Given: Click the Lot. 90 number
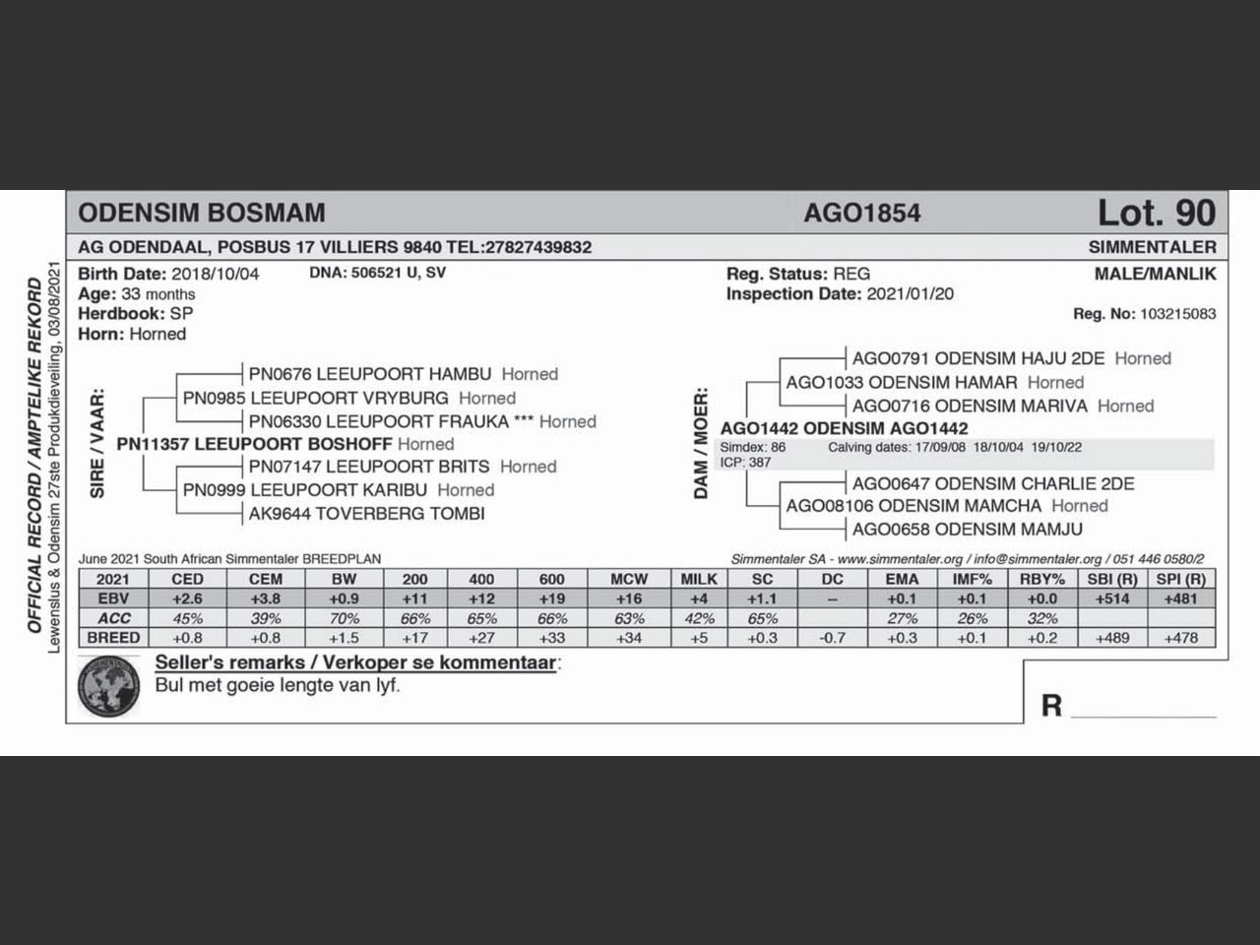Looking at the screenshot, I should (x=1156, y=213).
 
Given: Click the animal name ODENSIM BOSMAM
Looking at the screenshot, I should (x=201, y=213).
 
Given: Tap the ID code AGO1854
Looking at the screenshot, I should (x=861, y=213).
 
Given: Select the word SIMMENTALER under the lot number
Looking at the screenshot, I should (x=1152, y=247).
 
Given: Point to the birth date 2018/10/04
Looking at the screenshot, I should (x=215, y=274).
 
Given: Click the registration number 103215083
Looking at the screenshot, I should (x=1177, y=314).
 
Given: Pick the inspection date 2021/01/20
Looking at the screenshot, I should (x=910, y=293).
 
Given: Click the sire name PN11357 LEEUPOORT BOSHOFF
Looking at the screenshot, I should (x=254, y=444).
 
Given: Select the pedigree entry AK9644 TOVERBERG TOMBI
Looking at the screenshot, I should (x=366, y=513).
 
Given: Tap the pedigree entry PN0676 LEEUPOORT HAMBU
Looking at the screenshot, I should (x=369, y=374).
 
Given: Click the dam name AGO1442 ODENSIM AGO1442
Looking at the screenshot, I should (x=844, y=428).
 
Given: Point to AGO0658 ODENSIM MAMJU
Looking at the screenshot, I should (x=953, y=530).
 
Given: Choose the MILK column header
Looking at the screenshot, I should (x=699, y=579).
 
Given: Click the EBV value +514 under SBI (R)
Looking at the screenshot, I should (x=1112, y=598).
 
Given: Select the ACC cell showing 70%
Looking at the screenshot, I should (x=344, y=618).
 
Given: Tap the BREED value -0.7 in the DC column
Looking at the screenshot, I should (x=832, y=638).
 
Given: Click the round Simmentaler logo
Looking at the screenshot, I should (x=109, y=686).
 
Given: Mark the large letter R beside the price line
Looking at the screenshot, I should (x=1051, y=705).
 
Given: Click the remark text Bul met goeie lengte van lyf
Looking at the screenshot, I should (x=278, y=685).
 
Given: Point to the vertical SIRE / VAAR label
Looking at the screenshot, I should (x=97, y=443).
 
